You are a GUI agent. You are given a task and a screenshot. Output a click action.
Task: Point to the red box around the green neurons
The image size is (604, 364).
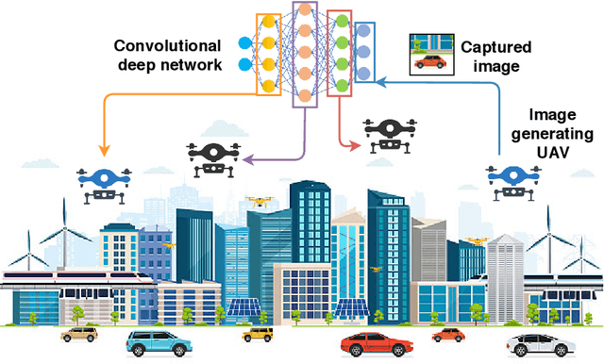pyautogui.click(x=339, y=53)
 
